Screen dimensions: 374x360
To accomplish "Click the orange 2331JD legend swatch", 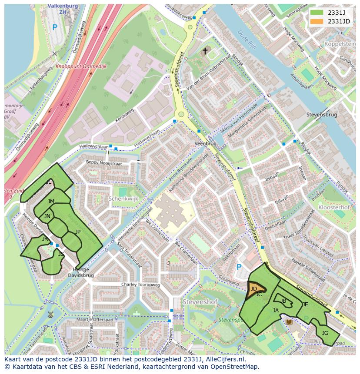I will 317,21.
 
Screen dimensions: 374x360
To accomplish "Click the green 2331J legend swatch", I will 317,13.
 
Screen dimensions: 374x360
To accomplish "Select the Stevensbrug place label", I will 321,115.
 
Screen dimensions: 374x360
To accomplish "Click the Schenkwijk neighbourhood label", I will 123,198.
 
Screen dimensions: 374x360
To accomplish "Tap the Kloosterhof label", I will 334,208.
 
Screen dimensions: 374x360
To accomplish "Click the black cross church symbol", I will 205,51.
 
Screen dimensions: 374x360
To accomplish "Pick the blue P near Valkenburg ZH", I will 54,27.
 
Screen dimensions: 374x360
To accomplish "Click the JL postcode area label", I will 49,182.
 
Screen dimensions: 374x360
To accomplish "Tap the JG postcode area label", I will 325,333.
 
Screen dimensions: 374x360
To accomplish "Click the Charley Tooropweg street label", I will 140,285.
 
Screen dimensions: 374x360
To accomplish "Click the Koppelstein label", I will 340,44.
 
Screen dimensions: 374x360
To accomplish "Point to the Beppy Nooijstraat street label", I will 104,163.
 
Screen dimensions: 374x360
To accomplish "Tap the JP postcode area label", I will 78,232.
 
